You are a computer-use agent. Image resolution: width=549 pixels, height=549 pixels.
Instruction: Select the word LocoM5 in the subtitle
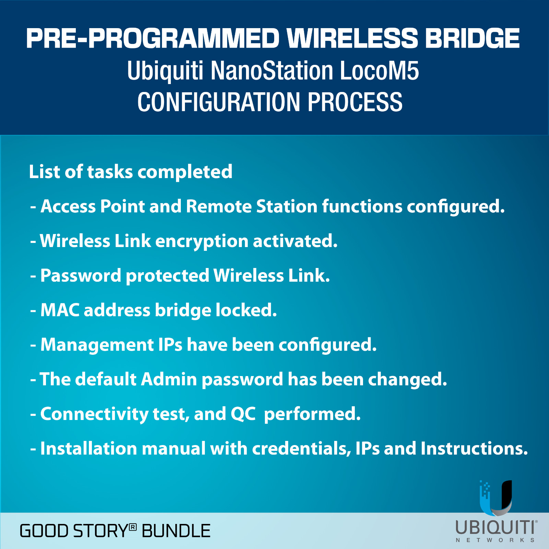click(x=379, y=71)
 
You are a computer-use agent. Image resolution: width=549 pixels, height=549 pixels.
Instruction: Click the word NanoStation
click(x=272, y=71)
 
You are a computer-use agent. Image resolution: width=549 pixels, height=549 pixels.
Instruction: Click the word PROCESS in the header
click(x=355, y=102)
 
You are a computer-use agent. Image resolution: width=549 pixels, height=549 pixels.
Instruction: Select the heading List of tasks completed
click(x=131, y=172)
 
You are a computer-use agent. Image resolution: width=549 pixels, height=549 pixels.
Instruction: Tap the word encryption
click(x=202, y=242)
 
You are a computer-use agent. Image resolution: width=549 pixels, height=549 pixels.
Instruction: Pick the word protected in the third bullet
click(x=167, y=276)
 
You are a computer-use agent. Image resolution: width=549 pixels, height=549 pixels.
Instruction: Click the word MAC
click(x=60, y=310)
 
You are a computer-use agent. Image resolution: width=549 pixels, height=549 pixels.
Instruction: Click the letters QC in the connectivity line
click(x=243, y=414)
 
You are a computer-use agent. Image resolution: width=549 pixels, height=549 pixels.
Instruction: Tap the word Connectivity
click(x=94, y=414)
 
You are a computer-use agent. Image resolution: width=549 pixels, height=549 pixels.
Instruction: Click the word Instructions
click(x=474, y=448)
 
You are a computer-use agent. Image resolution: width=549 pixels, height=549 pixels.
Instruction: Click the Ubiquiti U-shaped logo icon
click(x=496, y=498)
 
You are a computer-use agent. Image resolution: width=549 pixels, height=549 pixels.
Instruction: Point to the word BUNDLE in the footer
click(x=176, y=531)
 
